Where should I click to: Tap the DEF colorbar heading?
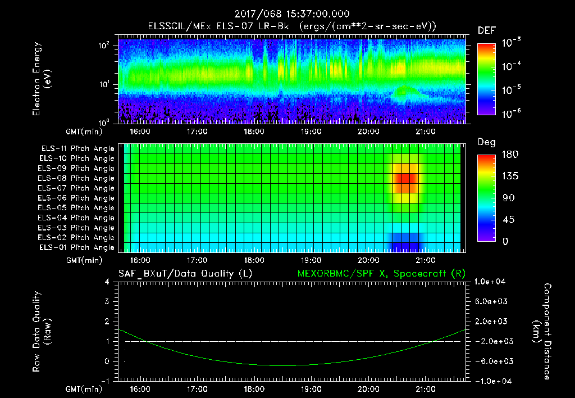tap(486, 30)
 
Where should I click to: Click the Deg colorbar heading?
tap(486, 142)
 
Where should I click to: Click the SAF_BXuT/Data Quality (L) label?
tap(185, 274)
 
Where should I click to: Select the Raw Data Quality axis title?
tap(42, 331)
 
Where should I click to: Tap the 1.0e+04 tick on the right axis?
tap(491, 282)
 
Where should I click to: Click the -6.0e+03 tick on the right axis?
tap(491, 361)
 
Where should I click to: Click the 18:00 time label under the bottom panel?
tap(254, 389)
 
